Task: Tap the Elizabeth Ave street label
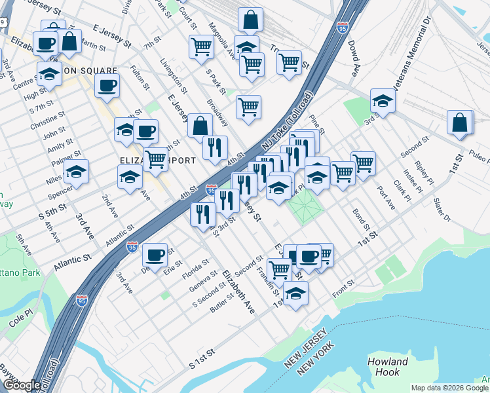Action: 238,291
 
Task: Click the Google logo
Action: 21,385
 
